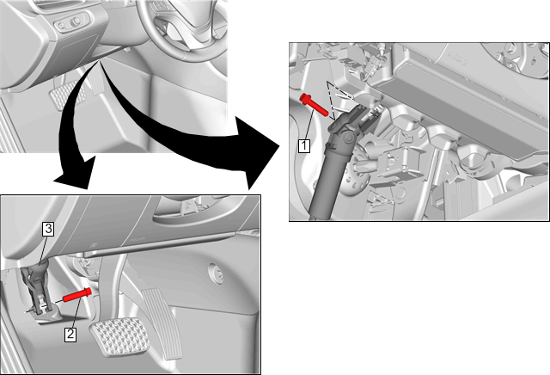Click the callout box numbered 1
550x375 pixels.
(304, 145)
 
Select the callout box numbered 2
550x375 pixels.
(70, 334)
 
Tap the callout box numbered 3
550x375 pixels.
(48, 229)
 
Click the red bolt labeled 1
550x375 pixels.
(315, 104)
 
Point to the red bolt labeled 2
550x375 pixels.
(77, 295)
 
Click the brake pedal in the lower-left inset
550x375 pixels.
(119, 337)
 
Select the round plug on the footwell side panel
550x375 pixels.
(216, 273)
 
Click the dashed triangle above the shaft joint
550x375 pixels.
(337, 98)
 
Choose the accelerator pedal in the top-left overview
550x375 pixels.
(95, 82)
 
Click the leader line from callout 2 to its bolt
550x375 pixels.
(75, 315)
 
